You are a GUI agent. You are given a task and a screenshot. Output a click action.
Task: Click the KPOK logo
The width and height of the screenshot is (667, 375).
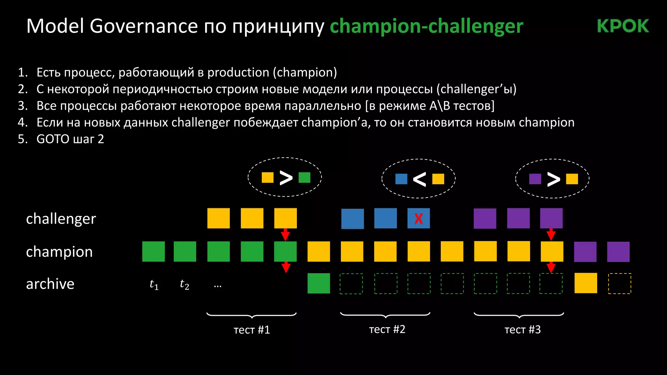623,26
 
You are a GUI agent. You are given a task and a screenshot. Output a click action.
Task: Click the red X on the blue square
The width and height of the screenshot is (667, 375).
419,219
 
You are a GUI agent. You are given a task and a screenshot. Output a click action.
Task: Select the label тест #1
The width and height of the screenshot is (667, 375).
252,330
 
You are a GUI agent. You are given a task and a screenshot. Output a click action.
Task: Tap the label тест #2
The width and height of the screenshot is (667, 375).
387,329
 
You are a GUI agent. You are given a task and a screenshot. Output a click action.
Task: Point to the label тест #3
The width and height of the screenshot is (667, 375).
522,330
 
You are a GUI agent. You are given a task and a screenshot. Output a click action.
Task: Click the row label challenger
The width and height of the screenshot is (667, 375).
61,219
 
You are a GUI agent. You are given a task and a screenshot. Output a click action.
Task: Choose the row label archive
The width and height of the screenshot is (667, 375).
50,284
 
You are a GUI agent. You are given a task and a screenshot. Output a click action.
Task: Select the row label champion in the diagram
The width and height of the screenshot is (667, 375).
59,252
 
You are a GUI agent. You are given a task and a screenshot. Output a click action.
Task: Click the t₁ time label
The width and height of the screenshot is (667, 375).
154,285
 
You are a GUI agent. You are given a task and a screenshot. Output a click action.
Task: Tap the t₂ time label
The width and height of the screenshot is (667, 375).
184,285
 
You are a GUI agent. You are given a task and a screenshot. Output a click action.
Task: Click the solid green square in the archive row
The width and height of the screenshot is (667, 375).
319,283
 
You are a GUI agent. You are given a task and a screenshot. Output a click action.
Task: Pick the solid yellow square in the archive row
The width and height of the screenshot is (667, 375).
586,283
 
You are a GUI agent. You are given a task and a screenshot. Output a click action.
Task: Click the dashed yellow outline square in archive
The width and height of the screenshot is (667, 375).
619,284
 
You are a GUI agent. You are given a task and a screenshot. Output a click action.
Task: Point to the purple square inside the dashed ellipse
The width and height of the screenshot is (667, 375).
535,179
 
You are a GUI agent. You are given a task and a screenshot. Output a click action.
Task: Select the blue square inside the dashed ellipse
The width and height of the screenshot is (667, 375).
401,179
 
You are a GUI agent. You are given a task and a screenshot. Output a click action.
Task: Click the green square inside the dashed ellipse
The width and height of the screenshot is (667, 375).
305,177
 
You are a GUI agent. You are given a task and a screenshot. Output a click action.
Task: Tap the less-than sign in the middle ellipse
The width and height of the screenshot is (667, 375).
419,179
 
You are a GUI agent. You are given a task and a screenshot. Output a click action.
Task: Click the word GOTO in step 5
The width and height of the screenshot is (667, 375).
52,139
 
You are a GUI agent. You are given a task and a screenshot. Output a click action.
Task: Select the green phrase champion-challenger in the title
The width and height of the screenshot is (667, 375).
426,26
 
